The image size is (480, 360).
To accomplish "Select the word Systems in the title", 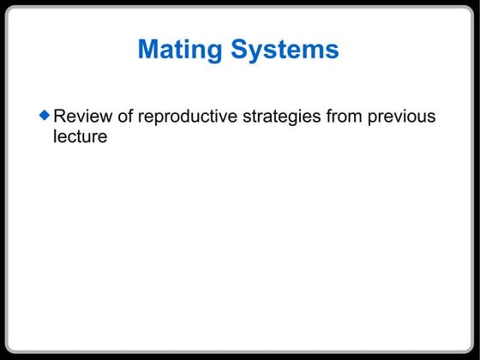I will coord(285,49).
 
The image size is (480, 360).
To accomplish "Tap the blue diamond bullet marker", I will coord(45,113).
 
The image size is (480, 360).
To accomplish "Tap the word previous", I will coord(402,116).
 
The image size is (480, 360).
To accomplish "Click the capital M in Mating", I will coord(149,49).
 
